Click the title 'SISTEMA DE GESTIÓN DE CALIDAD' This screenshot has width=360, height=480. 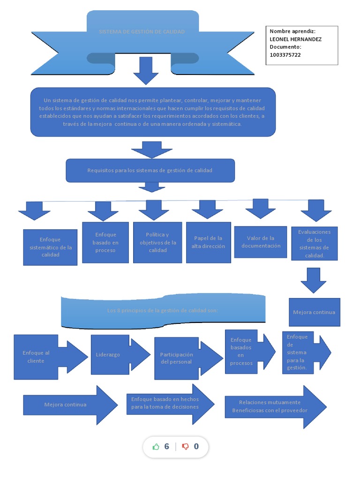click(x=142, y=32)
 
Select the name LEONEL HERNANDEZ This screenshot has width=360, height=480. click(x=295, y=39)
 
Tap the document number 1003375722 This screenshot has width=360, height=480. click(x=285, y=55)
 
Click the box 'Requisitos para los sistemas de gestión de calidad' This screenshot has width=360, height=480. click(x=150, y=171)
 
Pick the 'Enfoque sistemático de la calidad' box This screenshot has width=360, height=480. click(x=50, y=247)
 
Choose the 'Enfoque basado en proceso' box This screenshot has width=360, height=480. click(x=105, y=242)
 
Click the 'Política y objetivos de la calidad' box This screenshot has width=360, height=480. click(x=157, y=242)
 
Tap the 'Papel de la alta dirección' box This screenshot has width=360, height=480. click(x=208, y=242)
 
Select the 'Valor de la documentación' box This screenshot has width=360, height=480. click(x=260, y=242)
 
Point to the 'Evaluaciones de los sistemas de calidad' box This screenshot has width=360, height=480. click(x=314, y=244)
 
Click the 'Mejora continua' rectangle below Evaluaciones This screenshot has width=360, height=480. click(x=314, y=312)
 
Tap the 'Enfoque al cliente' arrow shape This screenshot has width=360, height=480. click(x=42, y=357)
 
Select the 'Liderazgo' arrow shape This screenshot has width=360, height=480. click(x=112, y=355)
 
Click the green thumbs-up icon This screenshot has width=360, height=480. click(x=156, y=447)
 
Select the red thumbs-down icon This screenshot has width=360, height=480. click(x=185, y=447)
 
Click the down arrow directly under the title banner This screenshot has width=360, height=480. click(x=146, y=70)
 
